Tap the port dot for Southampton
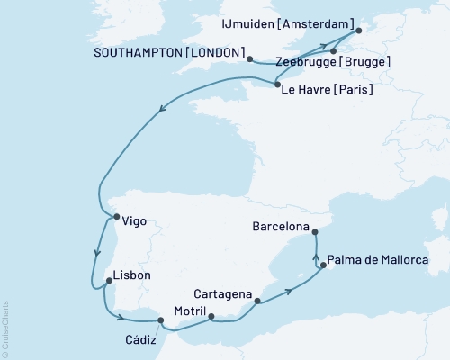tap(248, 59)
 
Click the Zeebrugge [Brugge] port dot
tap(334, 51)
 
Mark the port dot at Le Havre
tap(276, 85)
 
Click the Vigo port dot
tap(114, 217)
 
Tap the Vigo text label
tap(133, 220)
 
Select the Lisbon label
tap(131, 275)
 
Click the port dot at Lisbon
tap(108, 281)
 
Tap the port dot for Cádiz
tap(160, 319)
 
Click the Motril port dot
tap(211, 316)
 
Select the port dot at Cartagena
tap(258, 301)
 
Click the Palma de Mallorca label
tap(379, 260)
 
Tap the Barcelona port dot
tap(316, 232)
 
